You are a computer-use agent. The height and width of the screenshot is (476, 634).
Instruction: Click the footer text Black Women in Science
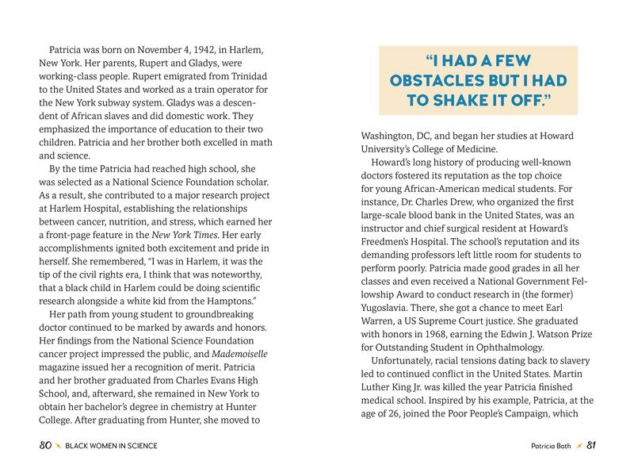pyautogui.click(x=112, y=446)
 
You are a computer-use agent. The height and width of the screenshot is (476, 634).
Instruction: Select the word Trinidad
pyautogui.click(x=238, y=76)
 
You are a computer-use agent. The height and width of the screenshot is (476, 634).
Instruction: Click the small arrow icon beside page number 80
pyautogui.click(x=59, y=446)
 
